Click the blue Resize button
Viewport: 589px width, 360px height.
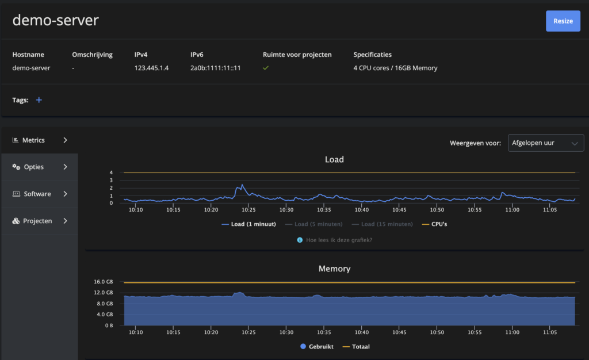(563, 21)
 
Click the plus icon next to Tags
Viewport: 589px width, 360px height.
(39, 100)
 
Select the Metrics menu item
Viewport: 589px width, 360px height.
(40, 140)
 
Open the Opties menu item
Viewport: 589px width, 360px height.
(40, 167)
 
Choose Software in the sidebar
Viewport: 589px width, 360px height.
(40, 194)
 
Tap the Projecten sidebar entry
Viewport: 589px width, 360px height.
(40, 221)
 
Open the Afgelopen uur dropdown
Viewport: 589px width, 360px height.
(545, 143)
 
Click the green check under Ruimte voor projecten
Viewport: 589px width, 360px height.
(266, 68)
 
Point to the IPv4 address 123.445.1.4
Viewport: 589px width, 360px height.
(151, 68)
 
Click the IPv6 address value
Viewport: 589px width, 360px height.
(215, 68)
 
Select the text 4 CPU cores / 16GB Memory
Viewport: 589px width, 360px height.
(395, 68)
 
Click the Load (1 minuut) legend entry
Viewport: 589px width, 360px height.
(248, 224)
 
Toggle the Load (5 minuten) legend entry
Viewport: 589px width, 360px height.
(313, 224)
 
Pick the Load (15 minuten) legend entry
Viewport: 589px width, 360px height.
(382, 224)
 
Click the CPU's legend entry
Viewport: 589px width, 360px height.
(435, 224)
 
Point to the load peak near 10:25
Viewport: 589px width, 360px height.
(242, 185)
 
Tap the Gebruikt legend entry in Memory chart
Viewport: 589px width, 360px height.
(317, 347)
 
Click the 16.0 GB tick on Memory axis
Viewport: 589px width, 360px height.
(104, 282)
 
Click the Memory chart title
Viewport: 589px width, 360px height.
(334, 269)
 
